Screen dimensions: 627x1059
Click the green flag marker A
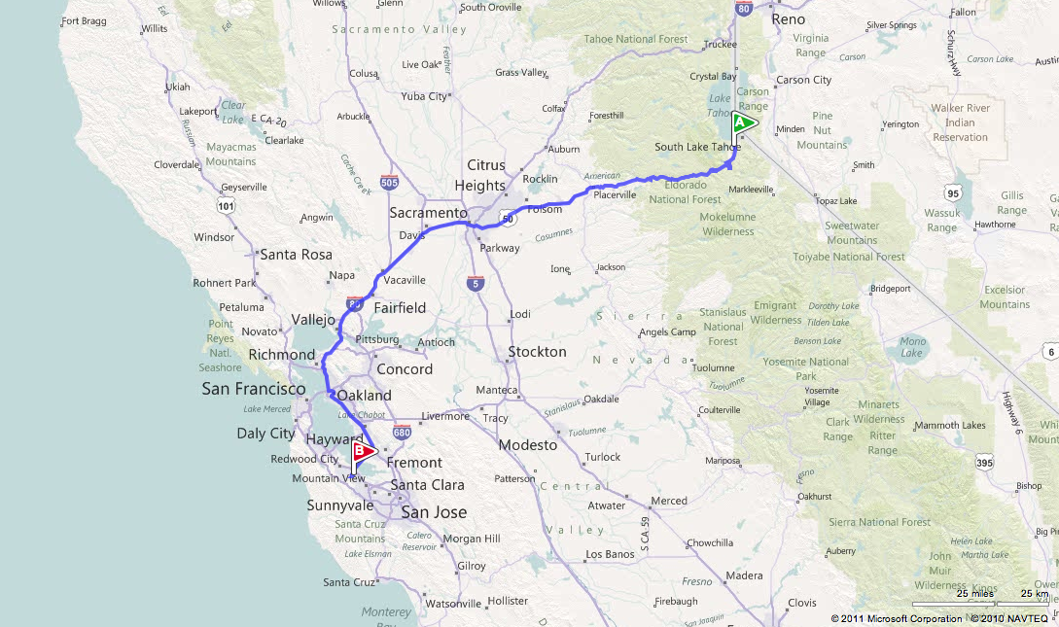(742, 123)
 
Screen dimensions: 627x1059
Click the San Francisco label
(254, 389)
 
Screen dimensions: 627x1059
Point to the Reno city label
(788, 18)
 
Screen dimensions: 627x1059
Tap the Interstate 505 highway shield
(390, 182)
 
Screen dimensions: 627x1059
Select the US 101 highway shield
(227, 206)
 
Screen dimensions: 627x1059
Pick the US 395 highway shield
(984, 463)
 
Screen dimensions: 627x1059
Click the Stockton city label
(537, 351)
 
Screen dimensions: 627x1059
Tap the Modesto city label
(528, 445)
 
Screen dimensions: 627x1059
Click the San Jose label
(434, 512)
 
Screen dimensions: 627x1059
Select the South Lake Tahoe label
(696, 147)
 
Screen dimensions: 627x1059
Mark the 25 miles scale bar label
(974, 593)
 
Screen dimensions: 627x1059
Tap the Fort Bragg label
(83, 19)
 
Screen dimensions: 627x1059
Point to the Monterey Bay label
(386, 618)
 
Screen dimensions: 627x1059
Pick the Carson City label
(803, 80)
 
